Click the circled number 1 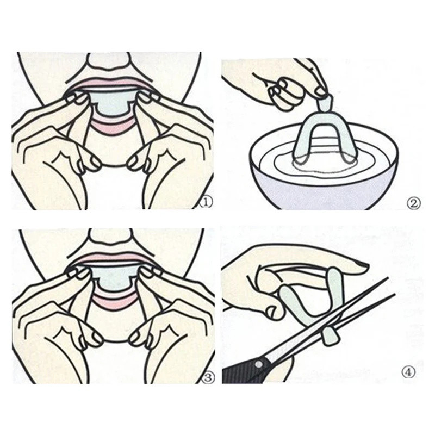click(206, 202)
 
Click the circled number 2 click(413, 204)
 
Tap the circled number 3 click(208, 377)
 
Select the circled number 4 click(409, 372)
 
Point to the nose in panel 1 click(109, 60)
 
